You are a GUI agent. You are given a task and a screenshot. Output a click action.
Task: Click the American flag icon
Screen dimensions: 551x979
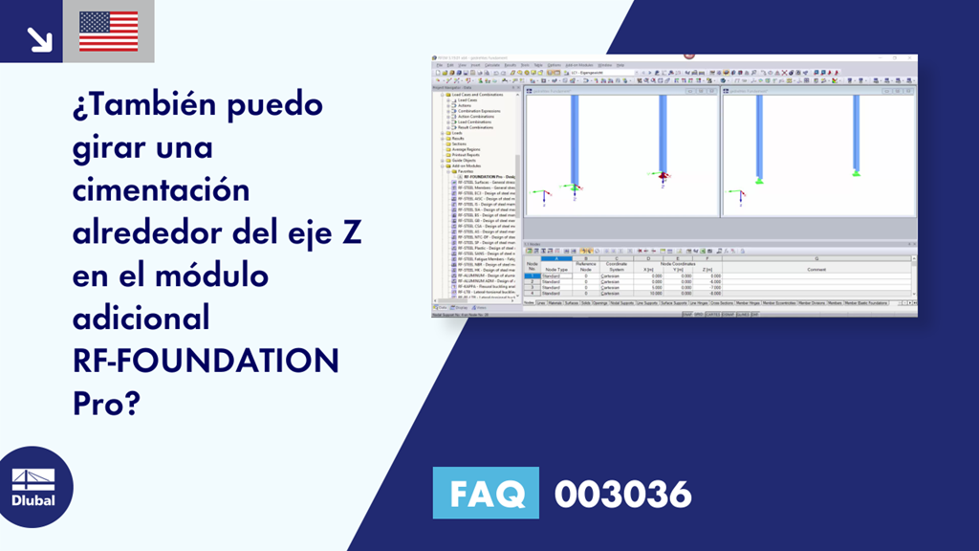[108, 31]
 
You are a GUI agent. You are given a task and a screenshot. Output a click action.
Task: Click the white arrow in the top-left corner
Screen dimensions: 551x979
[39, 38]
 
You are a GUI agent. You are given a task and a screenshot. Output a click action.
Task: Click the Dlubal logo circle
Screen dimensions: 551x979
[33, 486]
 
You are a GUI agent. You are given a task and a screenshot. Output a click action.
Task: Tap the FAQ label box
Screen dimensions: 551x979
[486, 495]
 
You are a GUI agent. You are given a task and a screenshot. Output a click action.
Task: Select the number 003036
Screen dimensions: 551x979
[622, 495]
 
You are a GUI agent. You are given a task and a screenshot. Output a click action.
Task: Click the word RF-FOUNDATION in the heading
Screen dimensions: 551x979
[206, 361]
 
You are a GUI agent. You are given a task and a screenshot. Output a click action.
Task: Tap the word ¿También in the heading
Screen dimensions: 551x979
[137, 102]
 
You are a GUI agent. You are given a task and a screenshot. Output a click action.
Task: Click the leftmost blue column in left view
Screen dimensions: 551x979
[575, 139]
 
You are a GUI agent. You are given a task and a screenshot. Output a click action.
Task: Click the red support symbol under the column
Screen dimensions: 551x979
[661, 176]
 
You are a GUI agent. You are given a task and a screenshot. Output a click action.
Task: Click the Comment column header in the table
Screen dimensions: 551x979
[816, 270]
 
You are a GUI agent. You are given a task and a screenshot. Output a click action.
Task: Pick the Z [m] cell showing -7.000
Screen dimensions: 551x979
[705, 287]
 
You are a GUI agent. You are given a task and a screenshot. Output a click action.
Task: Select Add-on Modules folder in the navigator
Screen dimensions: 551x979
[468, 165]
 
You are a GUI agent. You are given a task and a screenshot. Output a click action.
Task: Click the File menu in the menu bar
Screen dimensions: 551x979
[438, 65]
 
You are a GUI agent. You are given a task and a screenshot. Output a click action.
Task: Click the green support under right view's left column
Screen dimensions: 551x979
[759, 180]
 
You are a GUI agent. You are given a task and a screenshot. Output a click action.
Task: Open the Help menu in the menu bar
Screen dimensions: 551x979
[620, 65]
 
